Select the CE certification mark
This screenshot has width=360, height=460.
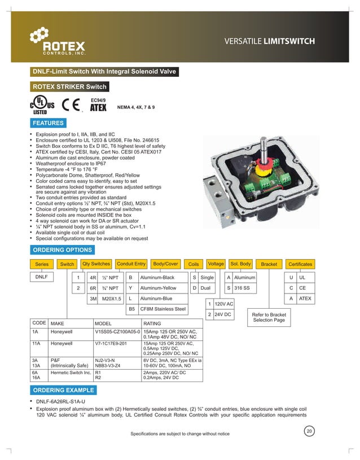(70, 106)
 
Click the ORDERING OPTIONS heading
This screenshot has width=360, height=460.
(62, 249)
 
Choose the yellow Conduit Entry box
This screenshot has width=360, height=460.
(131, 264)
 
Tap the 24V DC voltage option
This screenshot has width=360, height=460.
(223, 314)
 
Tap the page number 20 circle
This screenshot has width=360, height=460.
(309, 432)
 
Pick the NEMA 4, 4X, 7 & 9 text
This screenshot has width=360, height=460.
(135, 107)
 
